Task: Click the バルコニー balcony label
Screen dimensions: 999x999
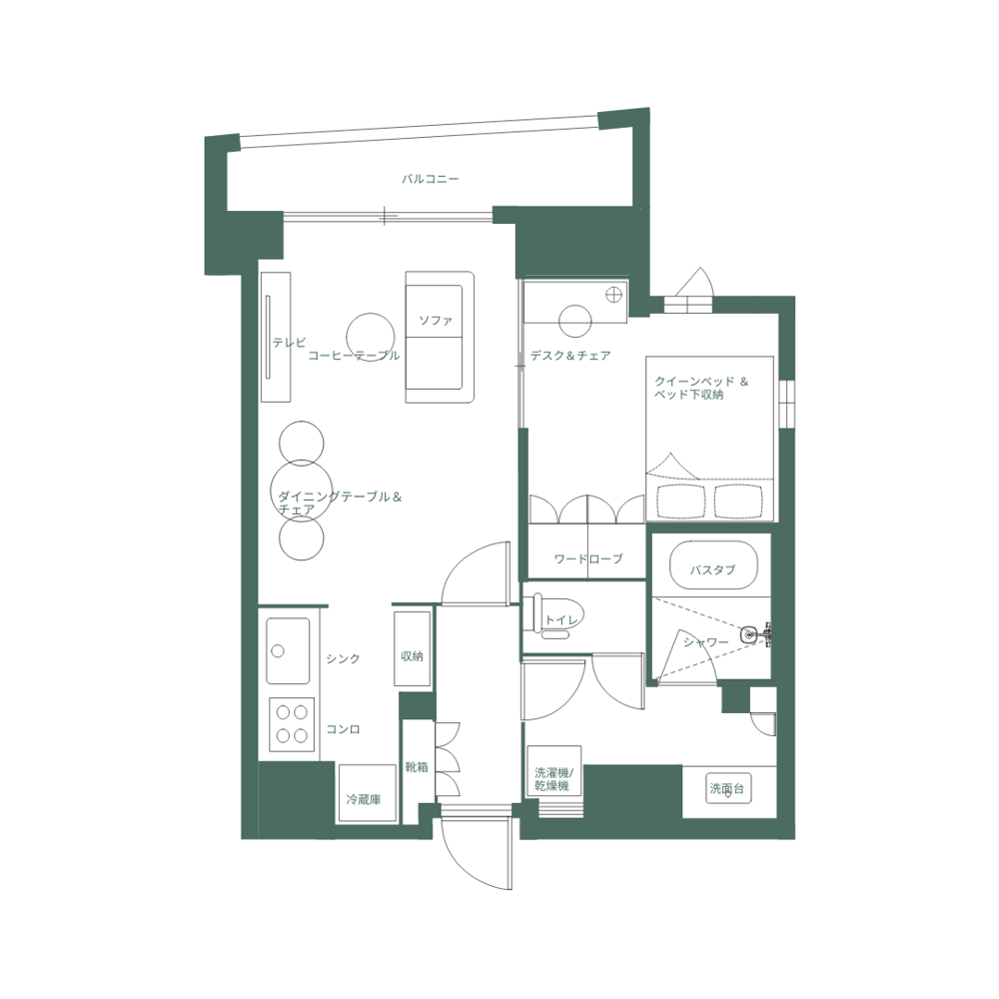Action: [430, 180]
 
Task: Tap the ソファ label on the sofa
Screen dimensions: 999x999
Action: [436, 321]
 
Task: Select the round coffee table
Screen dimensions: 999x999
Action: [371, 333]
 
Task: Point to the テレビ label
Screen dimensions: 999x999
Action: [289, 343]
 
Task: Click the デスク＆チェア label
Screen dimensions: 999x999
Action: [569, 356]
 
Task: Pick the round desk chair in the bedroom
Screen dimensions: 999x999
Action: [575, 321]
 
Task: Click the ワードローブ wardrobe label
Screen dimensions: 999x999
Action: [587, 558]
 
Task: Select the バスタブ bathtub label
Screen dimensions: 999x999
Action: [712, 569]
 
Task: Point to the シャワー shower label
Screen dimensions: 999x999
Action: [705, 642]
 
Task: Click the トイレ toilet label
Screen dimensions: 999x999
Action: [560, 620]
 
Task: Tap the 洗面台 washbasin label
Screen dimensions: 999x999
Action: [726, 789]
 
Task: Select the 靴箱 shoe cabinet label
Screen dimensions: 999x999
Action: [417, 767]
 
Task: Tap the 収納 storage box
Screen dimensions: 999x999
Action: [412, 656]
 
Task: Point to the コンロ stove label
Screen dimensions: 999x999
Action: [343, 729]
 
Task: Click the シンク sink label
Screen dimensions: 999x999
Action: [343, 658]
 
